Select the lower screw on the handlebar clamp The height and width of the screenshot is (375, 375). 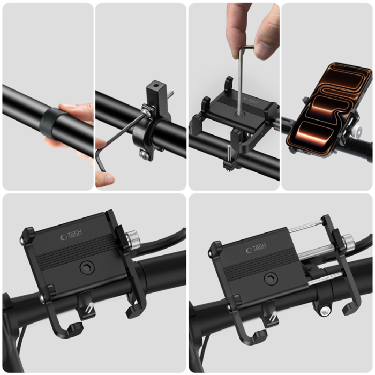coord(145,155)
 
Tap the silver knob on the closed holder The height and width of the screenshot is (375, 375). coord(132,238)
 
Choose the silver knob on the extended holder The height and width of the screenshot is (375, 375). coord(348,242)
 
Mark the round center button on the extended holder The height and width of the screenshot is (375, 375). coord(272,279)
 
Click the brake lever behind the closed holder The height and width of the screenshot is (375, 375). coord(163,239)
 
